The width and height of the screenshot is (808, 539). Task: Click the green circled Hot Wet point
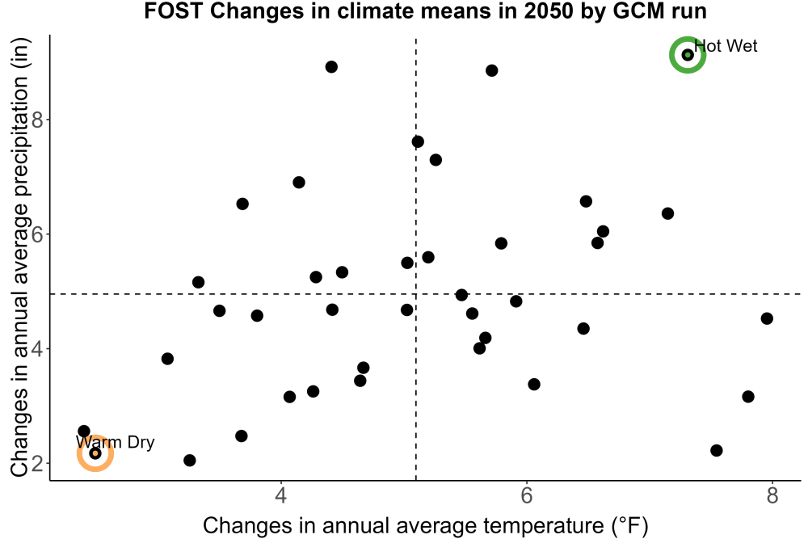click(688, 55)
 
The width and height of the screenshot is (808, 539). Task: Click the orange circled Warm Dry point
click(95, 453)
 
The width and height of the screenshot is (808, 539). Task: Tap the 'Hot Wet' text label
click(726, 46)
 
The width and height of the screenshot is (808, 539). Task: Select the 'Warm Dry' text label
click(115, 442)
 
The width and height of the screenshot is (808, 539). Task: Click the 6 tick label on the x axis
click(526, 495)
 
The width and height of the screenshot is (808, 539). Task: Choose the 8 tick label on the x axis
click(772, 495)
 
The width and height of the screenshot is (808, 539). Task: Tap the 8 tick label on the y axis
click(38, 120)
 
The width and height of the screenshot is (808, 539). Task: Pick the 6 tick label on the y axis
click(38, 234)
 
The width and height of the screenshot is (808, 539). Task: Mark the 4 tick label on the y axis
click(38, 349)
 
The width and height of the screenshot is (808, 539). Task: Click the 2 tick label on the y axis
click(38, 463)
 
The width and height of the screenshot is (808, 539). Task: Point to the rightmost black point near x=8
click(767, 318)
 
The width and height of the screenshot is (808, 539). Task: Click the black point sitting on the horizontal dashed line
click(461, 295)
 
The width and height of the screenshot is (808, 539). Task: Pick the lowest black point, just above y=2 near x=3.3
click(190, 460)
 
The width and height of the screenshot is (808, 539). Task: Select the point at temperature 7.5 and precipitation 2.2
click(716, 450)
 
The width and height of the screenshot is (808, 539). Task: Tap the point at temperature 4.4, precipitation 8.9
click(331, 67)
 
